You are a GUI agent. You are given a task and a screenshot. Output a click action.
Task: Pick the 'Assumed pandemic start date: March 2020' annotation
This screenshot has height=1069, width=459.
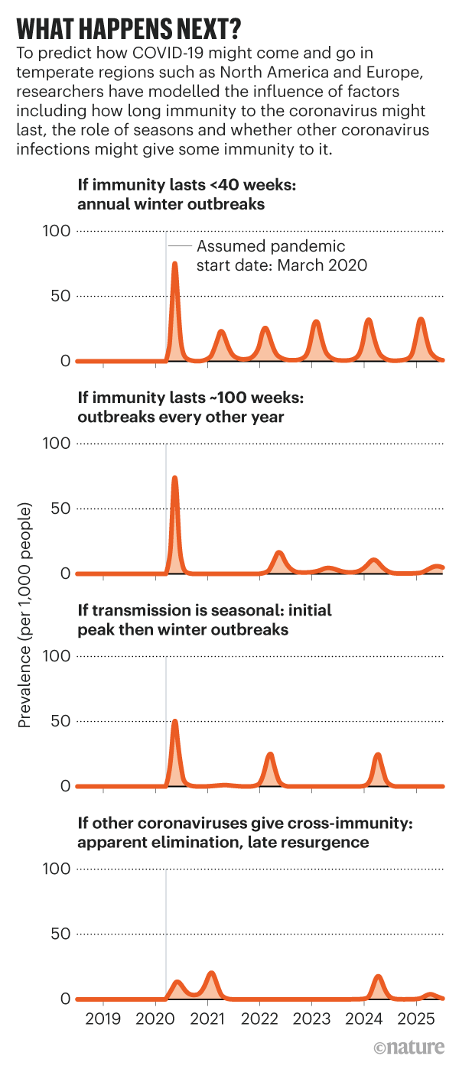click(x=282, y=256)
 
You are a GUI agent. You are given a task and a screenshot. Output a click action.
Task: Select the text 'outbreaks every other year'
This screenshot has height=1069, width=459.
click(x=181, y=417)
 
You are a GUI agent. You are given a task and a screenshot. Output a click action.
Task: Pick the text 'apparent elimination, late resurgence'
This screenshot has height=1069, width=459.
click(x=223, y=842)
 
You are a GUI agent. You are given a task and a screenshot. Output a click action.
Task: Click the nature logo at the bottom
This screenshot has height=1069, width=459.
click(x=410, y=1047)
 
